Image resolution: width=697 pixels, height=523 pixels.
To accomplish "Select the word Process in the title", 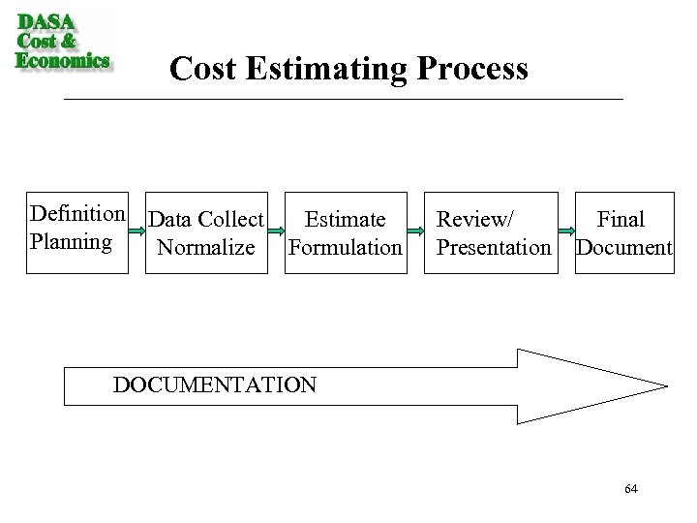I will click(473, 69).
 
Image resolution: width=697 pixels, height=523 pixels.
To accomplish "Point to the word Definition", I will click(77, 213).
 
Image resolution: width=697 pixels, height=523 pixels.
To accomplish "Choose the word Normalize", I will click(206, 248).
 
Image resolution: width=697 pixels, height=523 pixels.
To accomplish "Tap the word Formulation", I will click(345, 248).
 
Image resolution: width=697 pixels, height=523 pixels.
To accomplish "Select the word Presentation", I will click(494, 248).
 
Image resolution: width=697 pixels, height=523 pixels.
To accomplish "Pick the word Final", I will click(621, 221).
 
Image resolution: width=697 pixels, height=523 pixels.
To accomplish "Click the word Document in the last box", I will click(622, 248).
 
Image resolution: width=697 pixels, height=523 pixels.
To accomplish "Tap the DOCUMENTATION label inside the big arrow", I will click(214, 385).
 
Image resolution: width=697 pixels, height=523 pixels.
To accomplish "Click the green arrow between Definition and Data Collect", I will click(136, 232).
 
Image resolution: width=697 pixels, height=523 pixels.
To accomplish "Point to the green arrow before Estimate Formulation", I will click(277, 232).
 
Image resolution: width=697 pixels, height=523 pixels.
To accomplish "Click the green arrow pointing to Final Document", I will click(565, 232).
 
